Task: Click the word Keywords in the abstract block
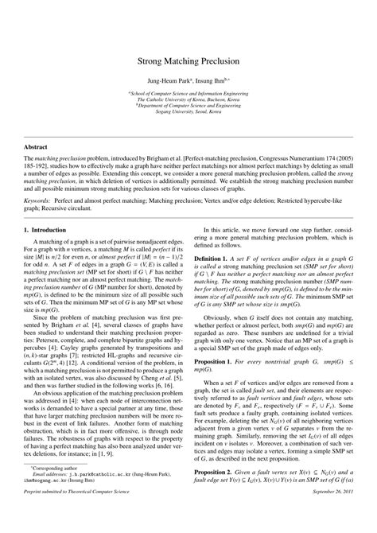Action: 40,201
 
